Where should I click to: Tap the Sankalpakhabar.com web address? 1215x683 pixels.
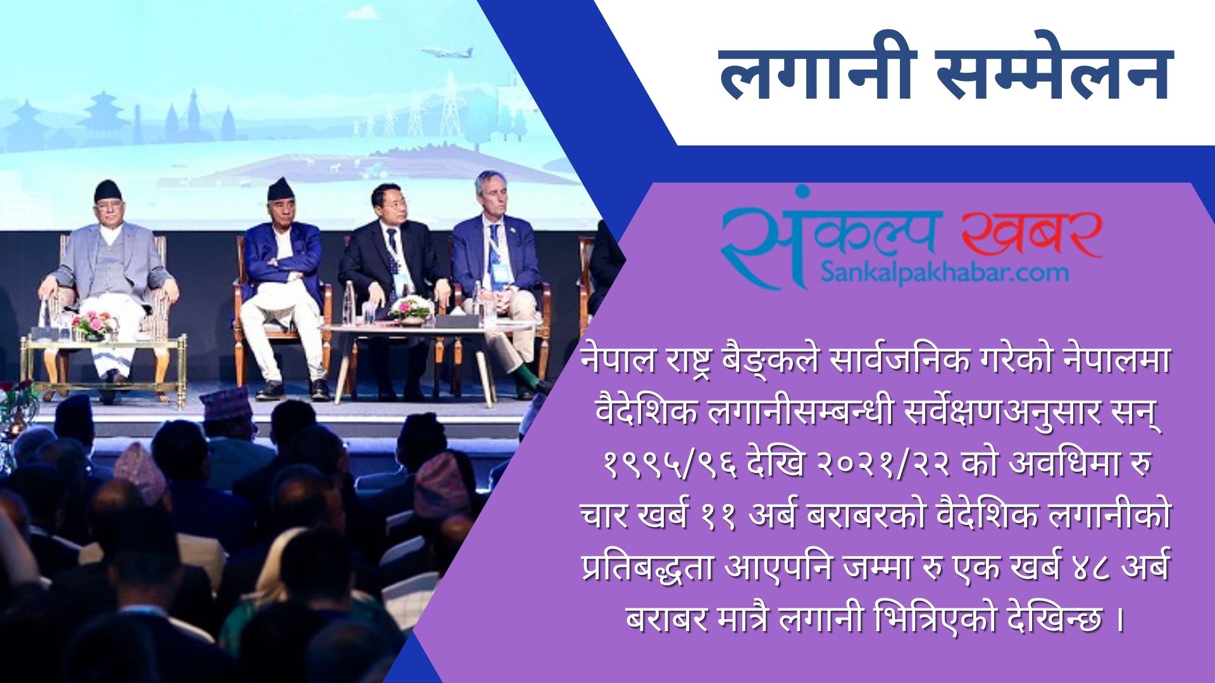(x=945, y=273)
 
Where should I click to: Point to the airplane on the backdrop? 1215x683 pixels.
(x=447, y=52)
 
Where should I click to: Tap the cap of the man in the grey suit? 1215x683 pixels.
(x=108, y=190)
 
